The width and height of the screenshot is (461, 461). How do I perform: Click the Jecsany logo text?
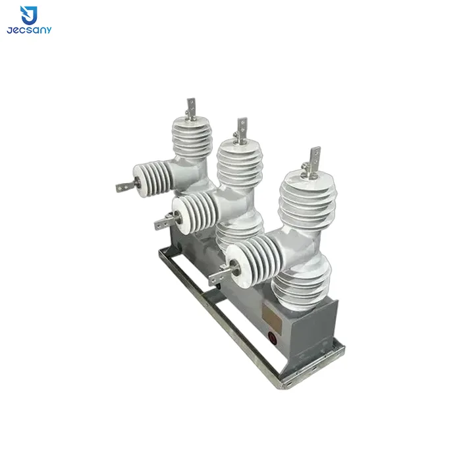(29, 30)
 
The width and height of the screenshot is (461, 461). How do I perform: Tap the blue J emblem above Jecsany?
(29, 15)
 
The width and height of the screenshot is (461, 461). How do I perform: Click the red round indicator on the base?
(273, 338)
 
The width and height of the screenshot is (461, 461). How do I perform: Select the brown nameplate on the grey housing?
(272, 316)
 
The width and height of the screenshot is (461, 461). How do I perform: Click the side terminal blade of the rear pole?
(126, 186)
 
